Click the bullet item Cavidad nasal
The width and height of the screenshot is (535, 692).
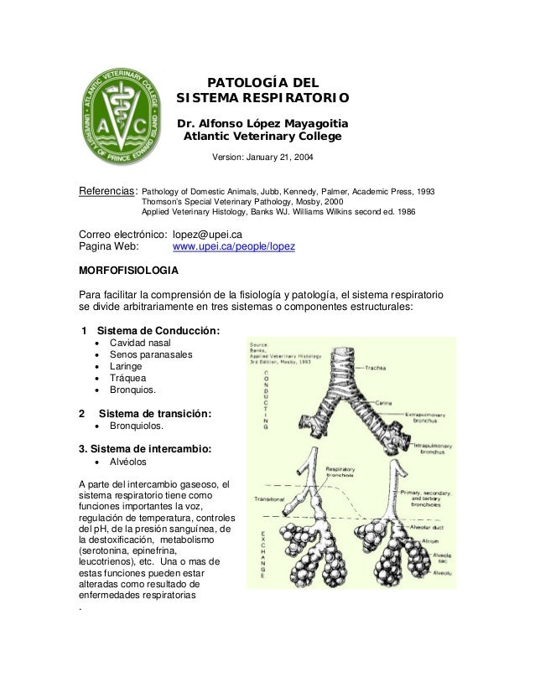(x=147, y=344)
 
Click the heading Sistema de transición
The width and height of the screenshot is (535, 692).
(x=155, y=413)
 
